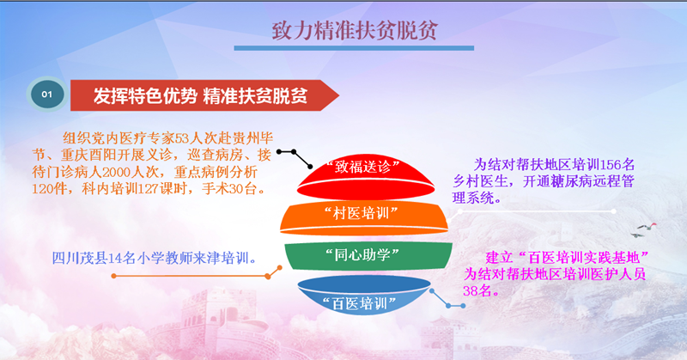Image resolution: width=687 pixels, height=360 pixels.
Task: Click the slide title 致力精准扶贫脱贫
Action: [355, 30]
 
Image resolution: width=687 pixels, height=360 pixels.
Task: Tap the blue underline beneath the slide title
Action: [354, 48]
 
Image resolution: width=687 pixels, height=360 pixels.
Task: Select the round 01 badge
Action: [47, 95]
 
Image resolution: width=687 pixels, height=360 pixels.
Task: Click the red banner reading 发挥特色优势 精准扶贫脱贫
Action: [204, 95]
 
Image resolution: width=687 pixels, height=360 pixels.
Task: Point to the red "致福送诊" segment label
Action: [362, 166]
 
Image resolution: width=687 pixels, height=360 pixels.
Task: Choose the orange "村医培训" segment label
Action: [361, 214]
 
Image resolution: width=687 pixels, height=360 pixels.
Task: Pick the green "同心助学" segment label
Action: [362, 254]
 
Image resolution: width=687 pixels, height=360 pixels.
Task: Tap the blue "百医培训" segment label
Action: [359, 303]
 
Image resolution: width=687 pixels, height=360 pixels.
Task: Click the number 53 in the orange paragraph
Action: [182, 138]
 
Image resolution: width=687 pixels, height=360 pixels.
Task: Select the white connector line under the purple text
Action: [537, 211]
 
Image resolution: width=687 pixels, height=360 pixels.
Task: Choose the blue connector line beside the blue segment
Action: [447, 302]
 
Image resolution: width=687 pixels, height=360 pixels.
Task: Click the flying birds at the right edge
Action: [644, 229]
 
